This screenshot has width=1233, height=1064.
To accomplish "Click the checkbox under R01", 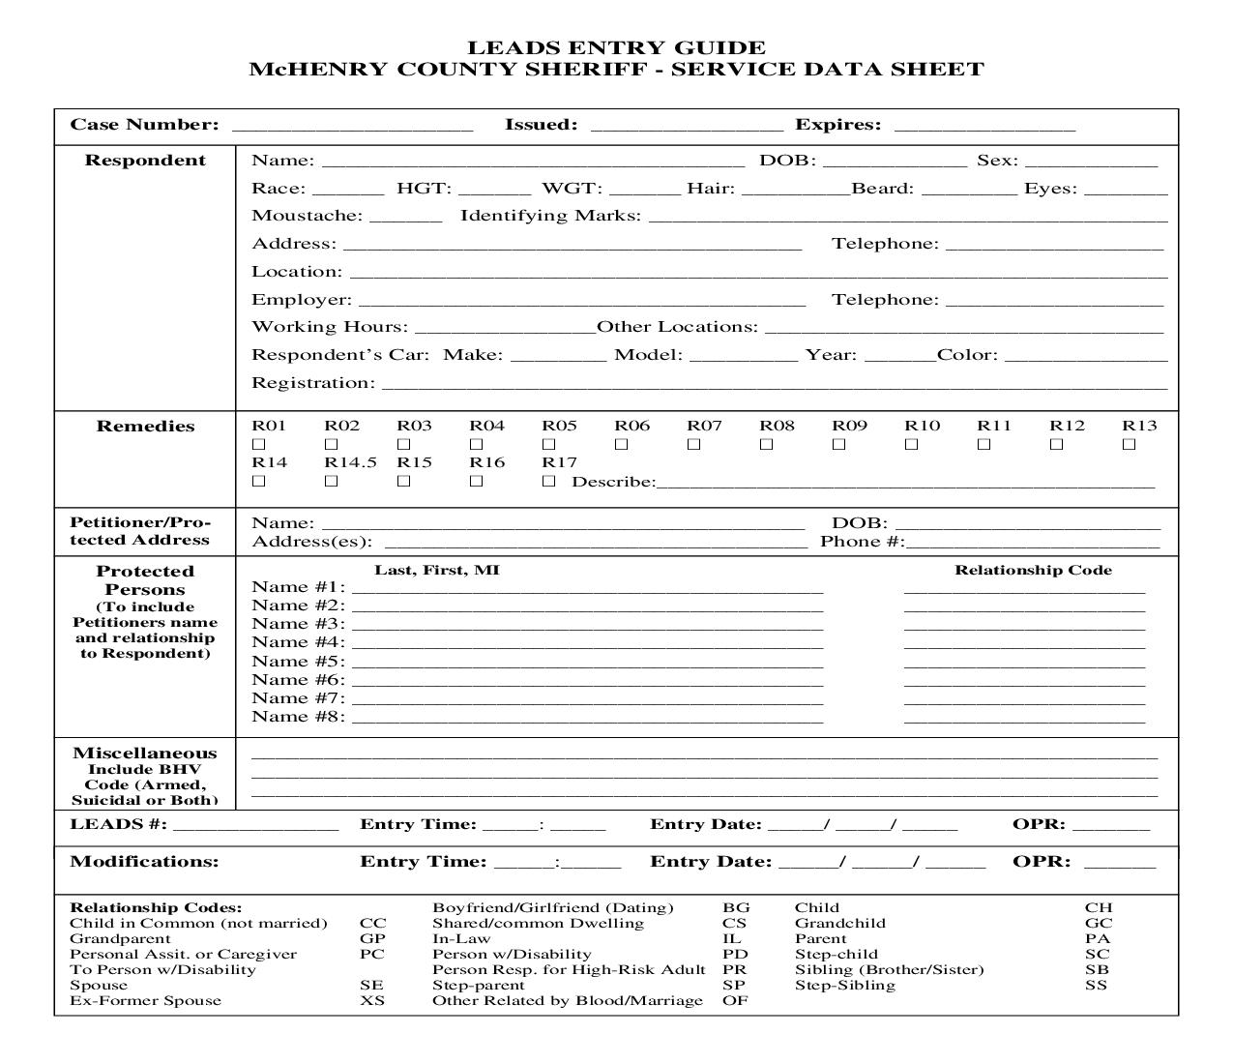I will tap(258, 444).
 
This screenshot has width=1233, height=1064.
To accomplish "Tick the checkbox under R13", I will tap(1129, 444).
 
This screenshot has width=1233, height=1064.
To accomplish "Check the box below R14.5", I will tap(331, 481).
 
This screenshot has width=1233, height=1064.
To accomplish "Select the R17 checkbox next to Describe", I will tap(548, 481).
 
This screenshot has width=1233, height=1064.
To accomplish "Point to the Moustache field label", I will tap(307, 216).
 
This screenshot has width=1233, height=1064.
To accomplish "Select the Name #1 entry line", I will tap(588, 589).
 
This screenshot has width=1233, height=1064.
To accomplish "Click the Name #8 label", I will tap(298, 717).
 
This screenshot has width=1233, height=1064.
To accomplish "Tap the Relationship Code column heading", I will tap(1033, 570).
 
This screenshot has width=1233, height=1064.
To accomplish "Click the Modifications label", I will tap(145, 861).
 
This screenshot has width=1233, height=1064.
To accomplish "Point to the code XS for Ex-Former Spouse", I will tap(372, 1000).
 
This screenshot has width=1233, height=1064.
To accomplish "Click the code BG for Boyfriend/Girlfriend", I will tap(736, 907).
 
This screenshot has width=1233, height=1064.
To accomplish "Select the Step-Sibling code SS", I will tap(1096, 985).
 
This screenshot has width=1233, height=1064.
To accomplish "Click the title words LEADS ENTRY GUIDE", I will tap(616, 47).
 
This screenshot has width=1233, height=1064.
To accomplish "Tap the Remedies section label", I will tap(145, 426).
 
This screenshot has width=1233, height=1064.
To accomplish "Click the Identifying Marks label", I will tap(550, 216).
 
